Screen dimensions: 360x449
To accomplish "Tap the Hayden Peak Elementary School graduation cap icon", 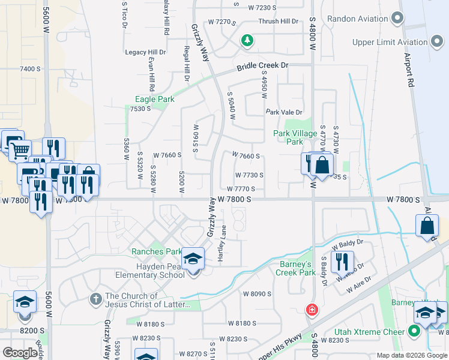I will [193, 259].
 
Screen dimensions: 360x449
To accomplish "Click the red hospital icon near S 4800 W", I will [311, 310].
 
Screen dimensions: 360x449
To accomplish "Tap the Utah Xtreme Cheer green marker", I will [414, 331].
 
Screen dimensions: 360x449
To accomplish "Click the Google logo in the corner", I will [20, 353].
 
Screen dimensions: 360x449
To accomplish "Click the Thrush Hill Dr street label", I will [278, 22].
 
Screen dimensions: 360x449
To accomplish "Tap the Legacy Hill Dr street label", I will [145, 53].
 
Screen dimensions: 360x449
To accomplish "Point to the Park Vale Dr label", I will [284, 112].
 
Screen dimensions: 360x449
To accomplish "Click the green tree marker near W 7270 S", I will [246, 40].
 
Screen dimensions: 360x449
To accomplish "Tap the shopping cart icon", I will [20, 150].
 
